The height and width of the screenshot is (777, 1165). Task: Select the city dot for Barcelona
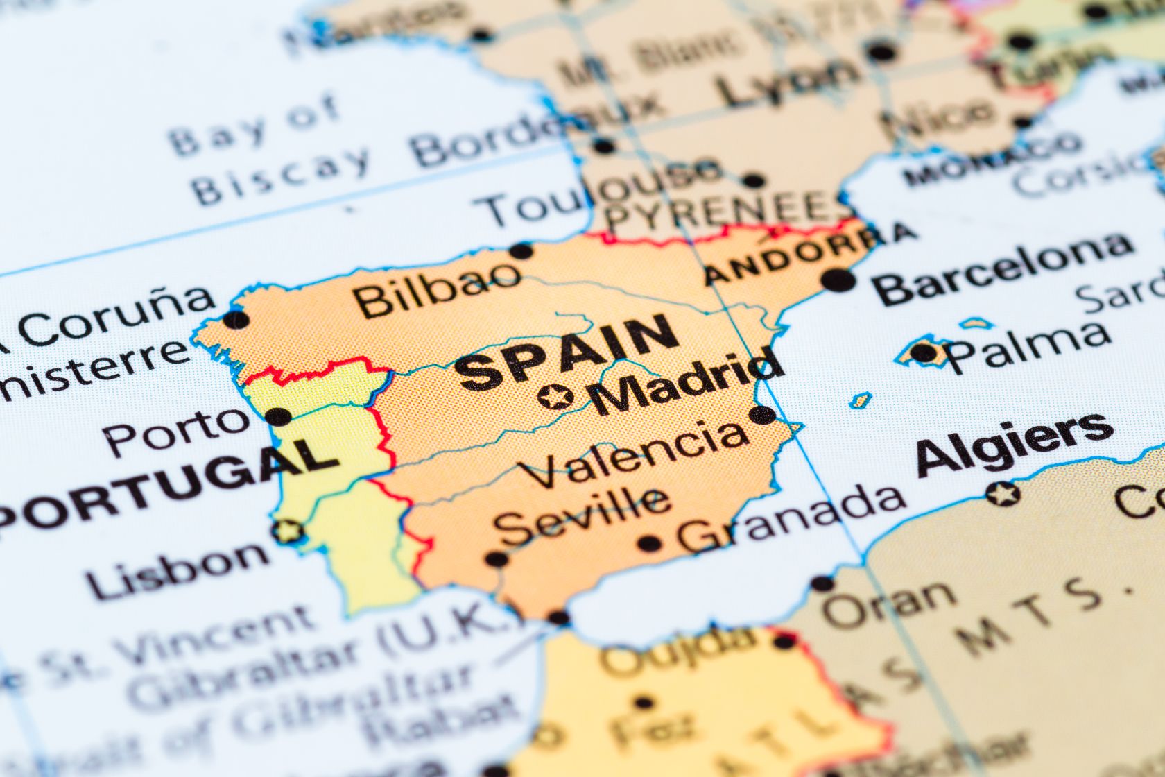pyautogui.click(x=838, y=280)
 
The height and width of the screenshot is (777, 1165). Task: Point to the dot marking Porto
pyautogui.click(x=279, y=416)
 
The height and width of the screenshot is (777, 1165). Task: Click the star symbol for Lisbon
pyautogui.click(x=288, y=532)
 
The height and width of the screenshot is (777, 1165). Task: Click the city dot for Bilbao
pyautogui.click(x=521, y=250)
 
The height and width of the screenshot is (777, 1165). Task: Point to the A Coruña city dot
pyautogui.click(x=236, y=320)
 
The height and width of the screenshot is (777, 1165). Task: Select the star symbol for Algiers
pyautogui.click(x=1003, y=494)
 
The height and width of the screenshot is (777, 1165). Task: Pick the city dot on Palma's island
pyautogui.click(x=923, y=352)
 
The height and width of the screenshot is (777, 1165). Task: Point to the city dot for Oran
pyautogui.click(x=822, y=583)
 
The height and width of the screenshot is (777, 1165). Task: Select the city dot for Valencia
pyautogui.click(x=763, y=416)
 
